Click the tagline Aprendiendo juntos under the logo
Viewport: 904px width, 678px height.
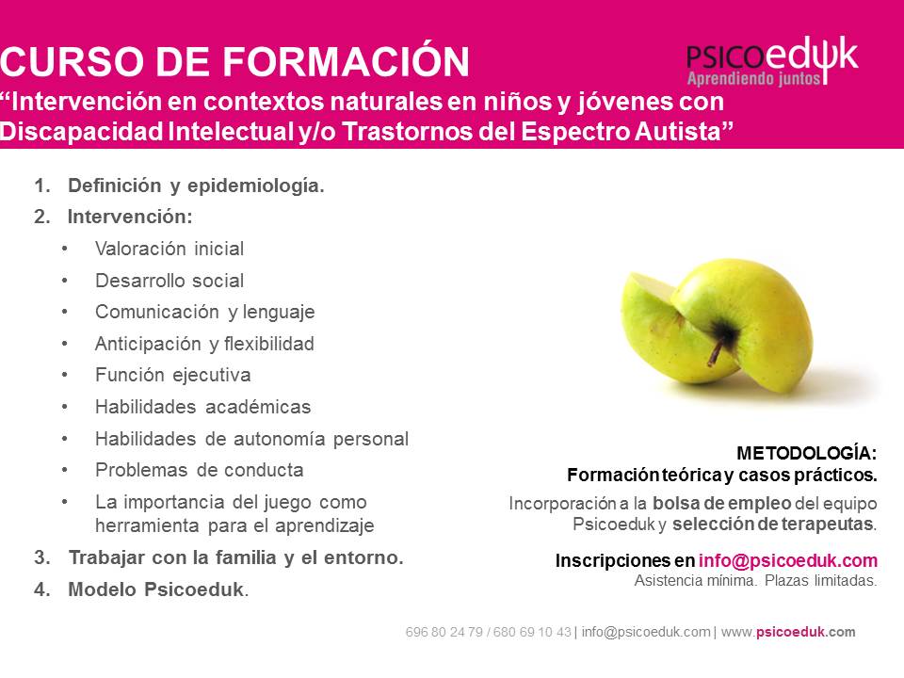(753, 78)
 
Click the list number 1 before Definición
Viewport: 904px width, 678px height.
(40, 186)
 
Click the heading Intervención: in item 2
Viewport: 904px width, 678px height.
(130, 217)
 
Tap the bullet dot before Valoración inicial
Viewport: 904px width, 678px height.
(65, 249)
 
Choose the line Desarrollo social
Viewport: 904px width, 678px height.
(169, 281)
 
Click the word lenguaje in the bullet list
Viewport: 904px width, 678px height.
(279, 313)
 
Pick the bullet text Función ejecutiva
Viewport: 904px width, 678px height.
(173, 376)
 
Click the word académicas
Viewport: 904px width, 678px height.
(258, 407)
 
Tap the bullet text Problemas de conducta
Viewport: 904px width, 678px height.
(200, 470)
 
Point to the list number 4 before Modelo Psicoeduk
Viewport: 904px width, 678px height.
(40, 589)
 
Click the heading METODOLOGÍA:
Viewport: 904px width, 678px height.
(807, 453)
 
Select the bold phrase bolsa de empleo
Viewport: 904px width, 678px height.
(721, 503)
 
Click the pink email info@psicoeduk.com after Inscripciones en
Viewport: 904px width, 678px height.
(788, 560)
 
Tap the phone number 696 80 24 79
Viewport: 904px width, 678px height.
(444, 633)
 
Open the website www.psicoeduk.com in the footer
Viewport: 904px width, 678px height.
(788, 633)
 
